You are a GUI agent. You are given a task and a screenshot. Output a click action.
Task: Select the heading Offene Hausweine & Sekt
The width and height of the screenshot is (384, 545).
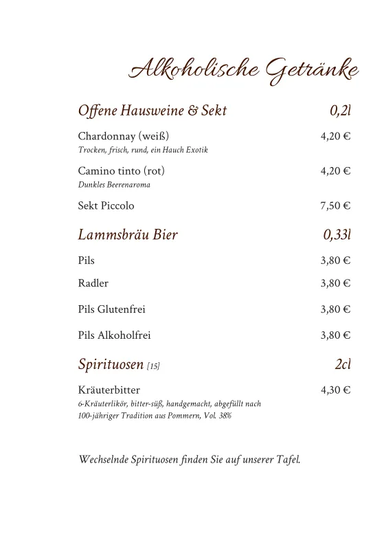(x=153, y=111)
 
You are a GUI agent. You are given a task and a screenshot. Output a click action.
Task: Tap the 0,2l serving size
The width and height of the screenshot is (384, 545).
(x=340, y=111)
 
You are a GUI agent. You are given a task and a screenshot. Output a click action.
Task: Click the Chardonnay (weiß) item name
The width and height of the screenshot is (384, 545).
(x=124, y=136)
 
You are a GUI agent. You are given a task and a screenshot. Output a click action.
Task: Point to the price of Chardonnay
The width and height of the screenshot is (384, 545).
(x=335, y=136)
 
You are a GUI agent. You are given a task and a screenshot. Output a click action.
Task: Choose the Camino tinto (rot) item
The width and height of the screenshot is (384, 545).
(x=122, y=170)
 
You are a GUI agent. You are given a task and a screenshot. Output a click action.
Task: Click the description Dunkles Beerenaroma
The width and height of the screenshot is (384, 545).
(x=114, y=185)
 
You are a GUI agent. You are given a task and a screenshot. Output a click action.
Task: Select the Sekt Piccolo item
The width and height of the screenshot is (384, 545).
(x=106, y=205)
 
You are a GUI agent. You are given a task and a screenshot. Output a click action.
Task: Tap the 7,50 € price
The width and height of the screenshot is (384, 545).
(x=335, y=205)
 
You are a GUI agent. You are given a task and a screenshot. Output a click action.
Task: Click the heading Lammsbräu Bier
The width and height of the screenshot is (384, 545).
(x=128, y=235)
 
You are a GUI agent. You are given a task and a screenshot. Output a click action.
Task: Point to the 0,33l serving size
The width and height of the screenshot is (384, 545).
(x=337, y=235)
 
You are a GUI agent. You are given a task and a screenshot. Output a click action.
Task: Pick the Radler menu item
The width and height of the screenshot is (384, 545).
(x=93, y=283)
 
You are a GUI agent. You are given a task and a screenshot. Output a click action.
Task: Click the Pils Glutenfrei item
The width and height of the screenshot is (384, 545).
(x=112, y=309)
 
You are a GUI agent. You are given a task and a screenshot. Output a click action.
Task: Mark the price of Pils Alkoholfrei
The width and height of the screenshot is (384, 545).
(x=335, y=335)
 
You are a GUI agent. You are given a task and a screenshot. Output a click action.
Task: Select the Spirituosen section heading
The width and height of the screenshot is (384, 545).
(x=111, y=364)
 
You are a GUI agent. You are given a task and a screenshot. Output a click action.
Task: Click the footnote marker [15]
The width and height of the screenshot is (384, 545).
(x=153, y=366)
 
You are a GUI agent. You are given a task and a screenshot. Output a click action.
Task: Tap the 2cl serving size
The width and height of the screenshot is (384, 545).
(x=343, y=364)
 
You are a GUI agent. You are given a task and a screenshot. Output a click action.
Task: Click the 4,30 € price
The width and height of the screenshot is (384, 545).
(x=335, y=390)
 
